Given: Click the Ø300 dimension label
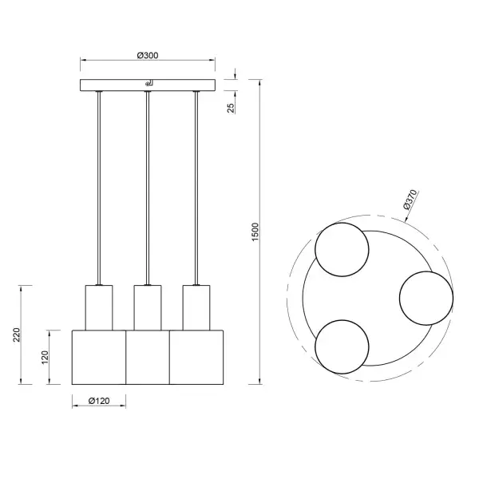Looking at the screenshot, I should (x=148, y=55).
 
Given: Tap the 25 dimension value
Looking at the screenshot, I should (x=232, y=107).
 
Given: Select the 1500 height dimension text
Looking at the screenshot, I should (x=255, y=232).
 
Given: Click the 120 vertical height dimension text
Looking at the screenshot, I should (x=47, y=356).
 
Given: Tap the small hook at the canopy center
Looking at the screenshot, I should (x=148, y=83).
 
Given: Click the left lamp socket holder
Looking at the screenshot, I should (x=99, y=307).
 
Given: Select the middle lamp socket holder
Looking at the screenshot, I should (x=147, y=307).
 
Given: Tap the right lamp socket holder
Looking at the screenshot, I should (x=196, y=307).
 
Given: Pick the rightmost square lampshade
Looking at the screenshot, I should (x=195, y=356).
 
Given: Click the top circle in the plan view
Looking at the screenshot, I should (x=342, y=251).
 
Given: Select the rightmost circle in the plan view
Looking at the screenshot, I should (x=426, y=298).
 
